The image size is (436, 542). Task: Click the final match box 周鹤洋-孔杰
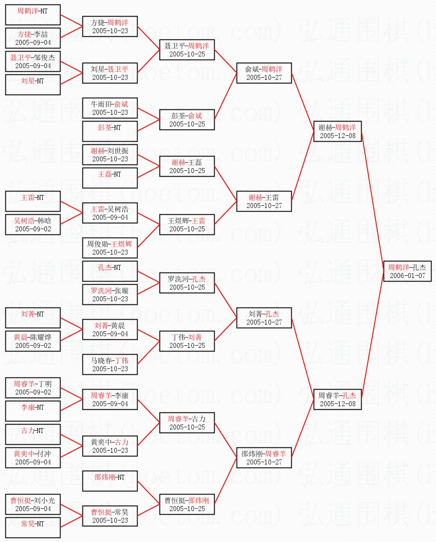click(407, 271)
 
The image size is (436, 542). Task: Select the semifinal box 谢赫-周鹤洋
click(337, 131)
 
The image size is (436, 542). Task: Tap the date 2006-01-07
click(407, 276)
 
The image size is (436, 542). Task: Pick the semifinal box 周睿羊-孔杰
click(337, 399)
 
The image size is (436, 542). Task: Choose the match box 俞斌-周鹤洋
click(264, 73)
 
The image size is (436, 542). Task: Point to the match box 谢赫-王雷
click(264, 201)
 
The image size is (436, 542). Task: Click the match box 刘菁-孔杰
click(264, 318)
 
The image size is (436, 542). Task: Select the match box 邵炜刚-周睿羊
click(264, 458)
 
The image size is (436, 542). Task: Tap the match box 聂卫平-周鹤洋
click(187, 50)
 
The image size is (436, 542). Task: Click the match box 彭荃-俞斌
click(187, 120)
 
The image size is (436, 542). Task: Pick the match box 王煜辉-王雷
click(187, 225)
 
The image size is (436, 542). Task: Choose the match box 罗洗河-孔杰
click(187, 283)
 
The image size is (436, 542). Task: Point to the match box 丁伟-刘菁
click(187, 341)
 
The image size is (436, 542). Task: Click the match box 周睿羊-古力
click(187, 423)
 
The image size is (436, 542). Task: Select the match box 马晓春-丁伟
click(110, 364)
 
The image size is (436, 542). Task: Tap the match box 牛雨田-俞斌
click(110, 108)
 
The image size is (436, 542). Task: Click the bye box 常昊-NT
click(33, 528)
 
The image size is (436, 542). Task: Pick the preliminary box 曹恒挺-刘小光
click(33, 504)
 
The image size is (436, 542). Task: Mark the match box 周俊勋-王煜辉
click(110, 248)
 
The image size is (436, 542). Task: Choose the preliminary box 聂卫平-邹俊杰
click(33, 61)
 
